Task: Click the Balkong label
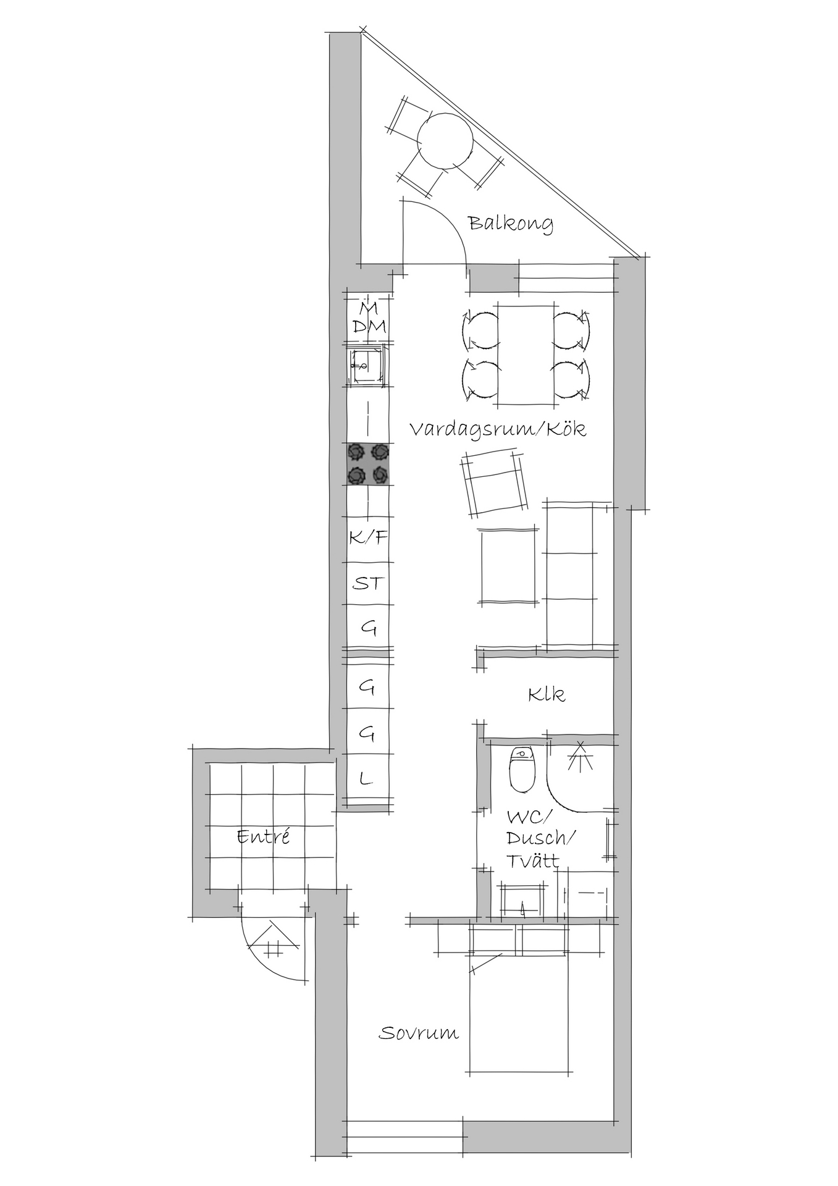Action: pyautogui.click(x=510, y=224)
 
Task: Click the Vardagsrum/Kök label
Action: pyautogui.click(x=498, y=429)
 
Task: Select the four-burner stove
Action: pyautogui.click(x=369, y=464)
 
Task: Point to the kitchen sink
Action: pyautogui.click(x=368, y=368)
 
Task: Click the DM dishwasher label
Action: pyautogui.click(x=369, y=327)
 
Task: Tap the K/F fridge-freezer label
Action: pyautogui.click(x=368, y=537)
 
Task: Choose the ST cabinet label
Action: pyautogui.click(x=368, y=583)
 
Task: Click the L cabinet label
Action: pyautogui.click(x=367, y=779)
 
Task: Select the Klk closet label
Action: pyautogui.click(x=547, y=695)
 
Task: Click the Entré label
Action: pyautogui.click(x=263, y=837)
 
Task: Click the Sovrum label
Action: pyautogui.click(x=419, y=1033)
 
